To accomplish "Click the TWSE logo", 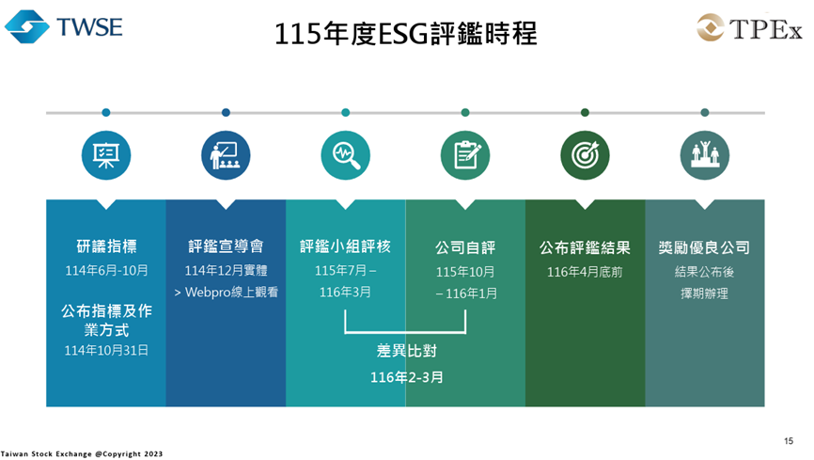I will tap(63, 27).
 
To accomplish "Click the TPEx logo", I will tap(749, 29).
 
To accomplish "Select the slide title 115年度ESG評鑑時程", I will tap(406, 34).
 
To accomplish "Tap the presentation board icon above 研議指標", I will tap(105, 154).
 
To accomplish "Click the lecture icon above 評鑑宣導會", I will tap(226, 154).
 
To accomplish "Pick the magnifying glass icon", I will tap(345, 154).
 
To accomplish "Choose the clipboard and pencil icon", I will tap(465, 154).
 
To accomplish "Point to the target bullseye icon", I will tap(585, 154).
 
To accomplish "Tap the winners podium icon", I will tap(705, 154).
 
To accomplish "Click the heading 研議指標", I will tap(106, 247).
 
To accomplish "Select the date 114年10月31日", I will tap(106, 350).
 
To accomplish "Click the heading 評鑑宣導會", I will tap(226, 247).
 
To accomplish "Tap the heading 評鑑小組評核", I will tap(345, 247).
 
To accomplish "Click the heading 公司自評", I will tap(465, 247).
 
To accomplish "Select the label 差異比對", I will tap(406, 352).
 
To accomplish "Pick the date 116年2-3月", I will tap(406, 377).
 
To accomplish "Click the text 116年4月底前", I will tap(585, 272).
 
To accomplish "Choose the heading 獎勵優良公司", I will tap(705, 247).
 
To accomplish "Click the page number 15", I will tap(789, 440).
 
